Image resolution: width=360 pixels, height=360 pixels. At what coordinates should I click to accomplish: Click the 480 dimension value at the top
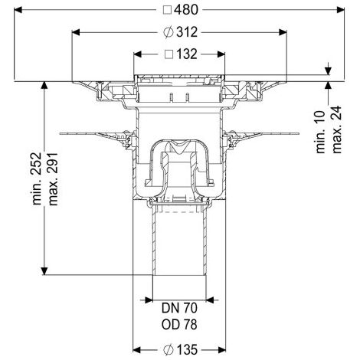click(186, 10)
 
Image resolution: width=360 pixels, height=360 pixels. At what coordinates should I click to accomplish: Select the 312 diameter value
click(187, 32)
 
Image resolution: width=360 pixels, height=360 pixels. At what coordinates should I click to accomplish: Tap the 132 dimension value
click(187, 54)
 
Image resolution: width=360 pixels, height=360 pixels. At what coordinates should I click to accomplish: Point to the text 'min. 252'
click(36, 178)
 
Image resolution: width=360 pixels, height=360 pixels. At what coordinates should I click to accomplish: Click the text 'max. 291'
click(53, 179)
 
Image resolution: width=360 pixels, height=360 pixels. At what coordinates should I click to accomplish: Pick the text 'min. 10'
click(320, 132)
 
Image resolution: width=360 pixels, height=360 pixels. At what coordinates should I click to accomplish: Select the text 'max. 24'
click(337, 129)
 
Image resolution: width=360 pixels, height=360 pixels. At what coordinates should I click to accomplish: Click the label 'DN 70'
click(179, 308)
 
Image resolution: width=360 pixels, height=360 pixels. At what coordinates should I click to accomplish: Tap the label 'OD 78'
click(179, 325)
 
